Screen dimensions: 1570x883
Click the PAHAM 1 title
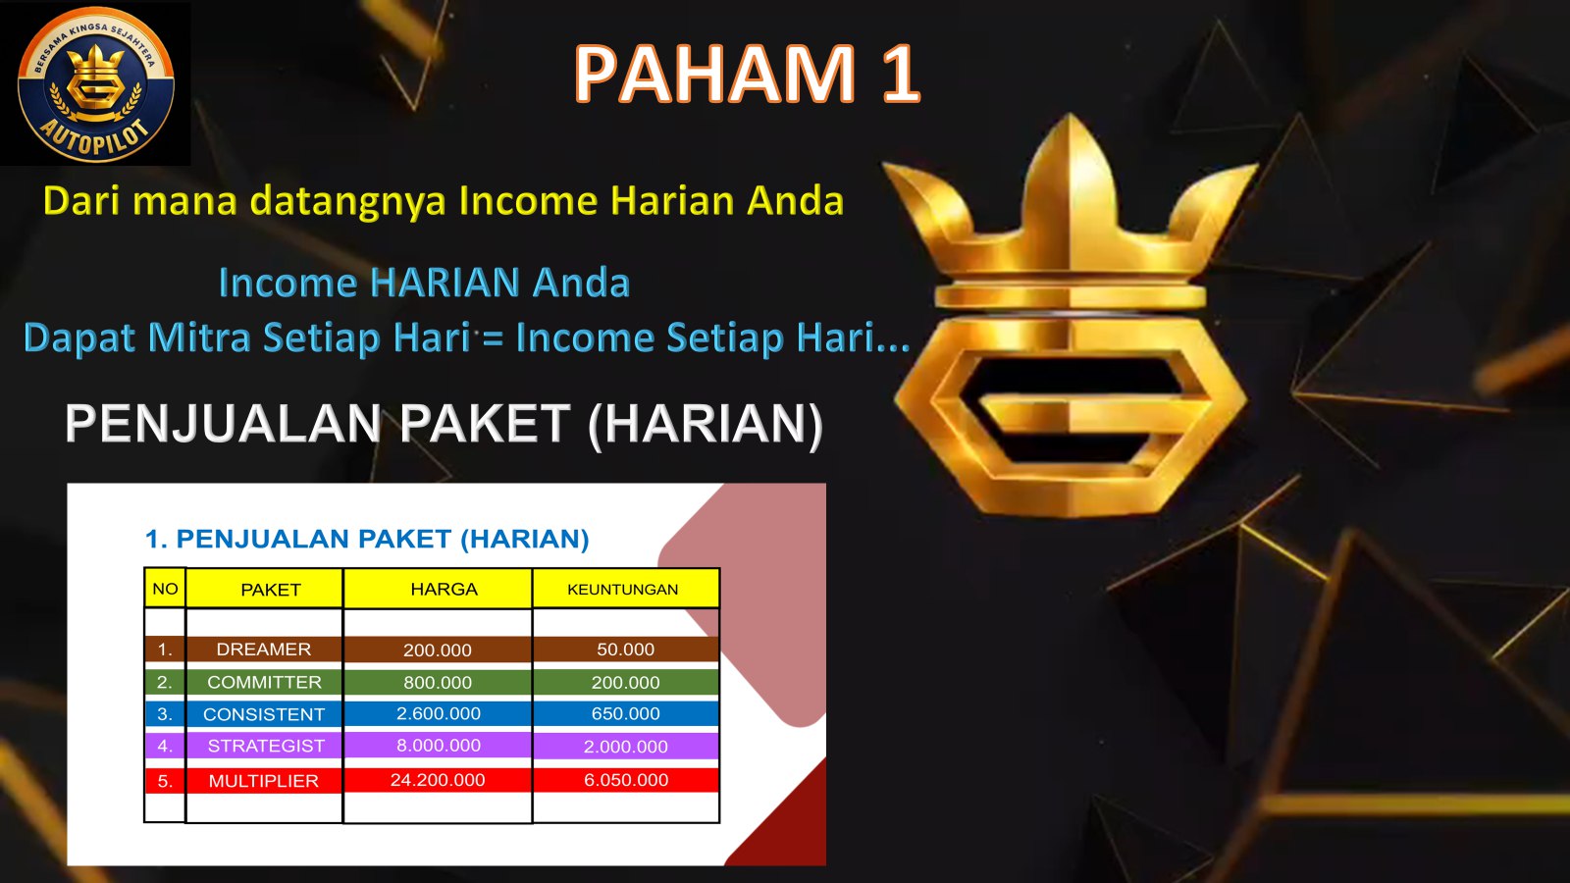tap(747, 75)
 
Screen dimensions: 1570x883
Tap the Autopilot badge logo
tap(96, 84)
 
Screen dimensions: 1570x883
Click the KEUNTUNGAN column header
tap(626, 589)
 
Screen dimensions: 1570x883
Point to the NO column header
tap(165, 589)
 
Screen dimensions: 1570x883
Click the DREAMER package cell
tap(264, 649)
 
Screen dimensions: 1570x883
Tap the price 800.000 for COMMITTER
tap(438, 682)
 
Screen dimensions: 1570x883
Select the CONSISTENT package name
tap(264, 714)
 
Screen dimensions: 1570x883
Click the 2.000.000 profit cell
tap(626, 747)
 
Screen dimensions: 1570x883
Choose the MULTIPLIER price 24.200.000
tap(438, 780)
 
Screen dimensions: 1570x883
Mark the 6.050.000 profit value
tap(626, 780)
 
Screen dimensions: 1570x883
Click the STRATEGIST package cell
tap(264, 746)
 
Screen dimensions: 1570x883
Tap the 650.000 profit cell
tap(626, 713)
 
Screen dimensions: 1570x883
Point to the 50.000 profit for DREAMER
tap(626, 649)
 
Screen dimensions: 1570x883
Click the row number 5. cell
tap(165, 781)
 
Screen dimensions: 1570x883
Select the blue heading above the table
tap(367, 539)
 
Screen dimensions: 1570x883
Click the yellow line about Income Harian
tap(443, 201)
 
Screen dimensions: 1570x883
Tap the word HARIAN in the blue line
tap(445, 283)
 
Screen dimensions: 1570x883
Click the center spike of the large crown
tap(1069, 189)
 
